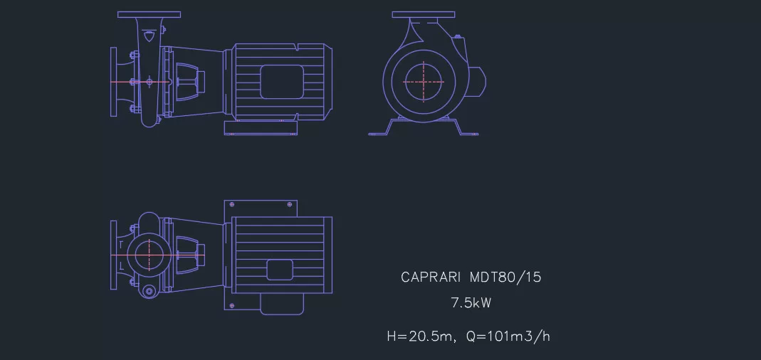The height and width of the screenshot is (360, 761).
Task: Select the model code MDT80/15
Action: pos(505,277)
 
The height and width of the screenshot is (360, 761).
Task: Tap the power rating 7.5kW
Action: pos(471,303)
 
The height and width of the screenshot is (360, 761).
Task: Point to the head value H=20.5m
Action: pos(419,337)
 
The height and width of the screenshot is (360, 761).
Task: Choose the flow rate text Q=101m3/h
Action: pos(508,337)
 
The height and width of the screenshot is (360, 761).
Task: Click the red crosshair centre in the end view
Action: pos(424,82)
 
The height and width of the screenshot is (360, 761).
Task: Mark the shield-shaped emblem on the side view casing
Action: pos(148,36)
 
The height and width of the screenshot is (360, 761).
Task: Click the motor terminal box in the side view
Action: pos(282,82)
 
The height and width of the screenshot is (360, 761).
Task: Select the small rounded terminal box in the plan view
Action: pos(280,270)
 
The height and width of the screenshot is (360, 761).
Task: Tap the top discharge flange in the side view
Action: pos(149,14)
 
